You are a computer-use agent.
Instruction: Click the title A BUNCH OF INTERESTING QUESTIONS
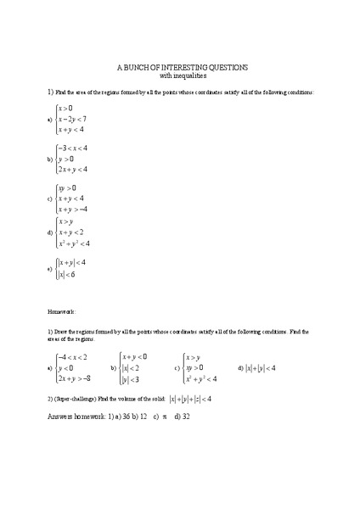click(180, 66)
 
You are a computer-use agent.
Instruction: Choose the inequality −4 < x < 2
click(72, 357)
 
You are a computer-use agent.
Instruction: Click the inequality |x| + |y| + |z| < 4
click(189, 399)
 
